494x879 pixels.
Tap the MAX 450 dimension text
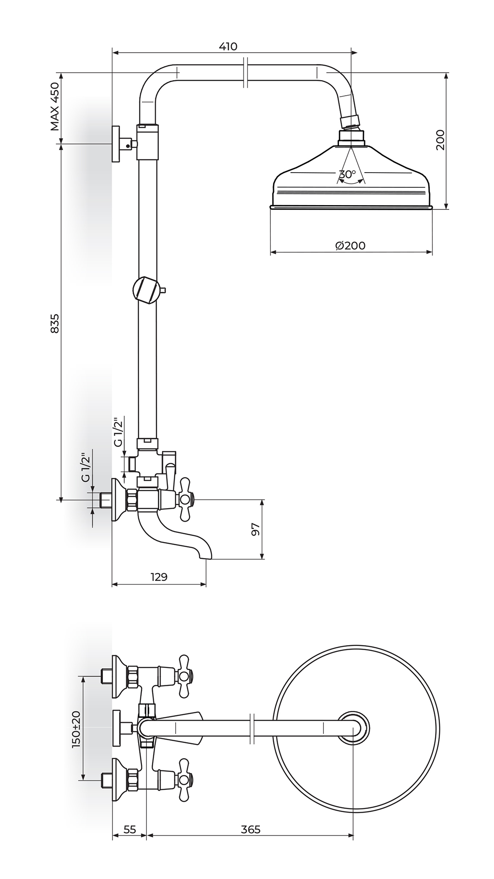[x=55, y=106]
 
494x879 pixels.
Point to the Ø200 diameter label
[x=350, y=245]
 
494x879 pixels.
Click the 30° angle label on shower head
[x=348, y=174]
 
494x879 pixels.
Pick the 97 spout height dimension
[x=256, y=529]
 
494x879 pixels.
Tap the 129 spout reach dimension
[x=159, y=577]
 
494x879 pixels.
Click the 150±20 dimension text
[x=76, y=730]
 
